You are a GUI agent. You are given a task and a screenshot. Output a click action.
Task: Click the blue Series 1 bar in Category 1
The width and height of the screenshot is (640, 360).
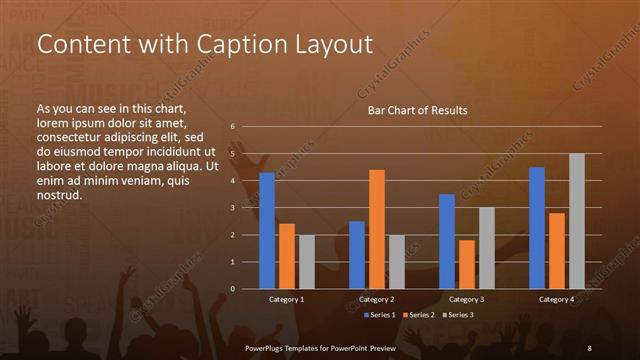pyautogui.click(x=267, y=231)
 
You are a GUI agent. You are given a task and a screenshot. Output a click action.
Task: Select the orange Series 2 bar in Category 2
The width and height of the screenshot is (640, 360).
pyautogui.click(x=376, y=229)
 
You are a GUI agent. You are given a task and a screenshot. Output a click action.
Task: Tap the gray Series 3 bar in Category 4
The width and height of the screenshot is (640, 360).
pyautogui.click(x=576, y=221)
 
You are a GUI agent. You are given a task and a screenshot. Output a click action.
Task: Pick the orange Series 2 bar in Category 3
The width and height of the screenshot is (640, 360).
pyautogui.click(x=466, y=264)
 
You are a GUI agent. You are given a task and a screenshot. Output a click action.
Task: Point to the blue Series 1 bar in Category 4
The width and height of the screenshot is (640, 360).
pyautogui.click(x=537, y=228)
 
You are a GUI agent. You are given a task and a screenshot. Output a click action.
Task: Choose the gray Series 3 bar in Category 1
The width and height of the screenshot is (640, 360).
pyautogui.click(x=306, y=262)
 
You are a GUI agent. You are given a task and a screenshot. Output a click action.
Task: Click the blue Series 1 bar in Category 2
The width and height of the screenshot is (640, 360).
pyautogui.click(x=357, y=255)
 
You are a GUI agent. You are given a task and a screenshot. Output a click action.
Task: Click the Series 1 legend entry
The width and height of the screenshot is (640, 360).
pyautogui.click(x=381, y=315)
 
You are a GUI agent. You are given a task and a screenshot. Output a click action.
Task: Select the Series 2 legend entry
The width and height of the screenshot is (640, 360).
pyautogui.click(x=418, y=315)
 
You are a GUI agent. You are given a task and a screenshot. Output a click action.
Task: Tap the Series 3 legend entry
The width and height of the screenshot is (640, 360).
pyautogui.click(x=456, y=315)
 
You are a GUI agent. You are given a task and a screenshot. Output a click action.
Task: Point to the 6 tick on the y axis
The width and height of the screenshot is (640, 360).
pyautogui.click(x=232, y=127)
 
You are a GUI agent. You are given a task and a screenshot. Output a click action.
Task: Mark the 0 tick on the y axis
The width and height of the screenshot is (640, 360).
pyautogui.click(x=232, y=289)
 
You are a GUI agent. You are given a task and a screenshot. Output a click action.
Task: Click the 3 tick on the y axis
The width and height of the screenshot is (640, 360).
pyautogui.click(x=232, y=208)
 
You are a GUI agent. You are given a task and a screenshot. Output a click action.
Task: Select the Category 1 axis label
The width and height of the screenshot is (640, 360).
pyautogui.click(x=287, y=299)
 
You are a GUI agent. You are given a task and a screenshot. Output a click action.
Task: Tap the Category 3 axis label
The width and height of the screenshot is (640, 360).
pyautogui.click(x=466, y=299)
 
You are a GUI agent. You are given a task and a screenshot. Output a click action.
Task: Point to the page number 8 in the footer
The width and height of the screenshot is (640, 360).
pyautogui.click(x=590, y=346)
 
